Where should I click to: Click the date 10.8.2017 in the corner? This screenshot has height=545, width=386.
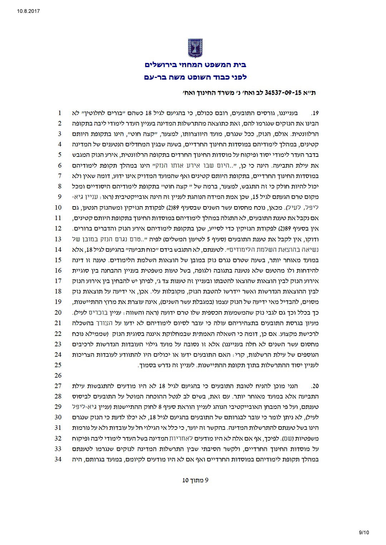point(28,11)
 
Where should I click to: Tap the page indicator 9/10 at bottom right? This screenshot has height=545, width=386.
point(363,532)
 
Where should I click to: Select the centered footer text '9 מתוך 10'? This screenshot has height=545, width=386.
point(195,480)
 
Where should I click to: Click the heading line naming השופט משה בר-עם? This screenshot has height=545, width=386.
point(195,76)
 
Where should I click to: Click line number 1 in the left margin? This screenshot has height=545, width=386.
point(60,113)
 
